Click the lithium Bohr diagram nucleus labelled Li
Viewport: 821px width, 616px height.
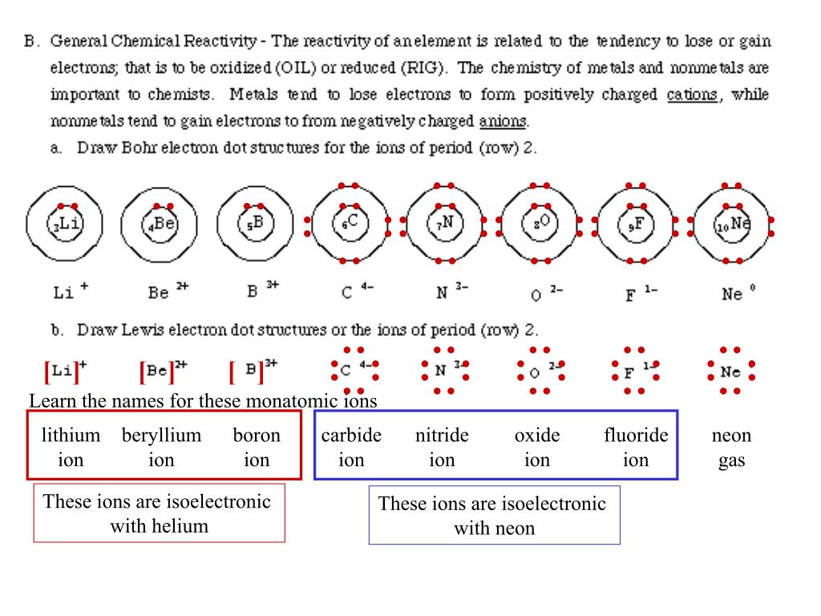tap(65, 224)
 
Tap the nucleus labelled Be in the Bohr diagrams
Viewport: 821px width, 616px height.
tap(160, 225)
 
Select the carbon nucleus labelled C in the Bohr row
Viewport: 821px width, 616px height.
tap(350, 223)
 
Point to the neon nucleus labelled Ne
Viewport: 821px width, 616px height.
tap(731, 224)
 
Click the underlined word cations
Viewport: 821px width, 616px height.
tap(692, 95)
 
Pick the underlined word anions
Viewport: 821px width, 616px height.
tap(502, 121)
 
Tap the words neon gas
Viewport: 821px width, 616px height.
tap(731, 448)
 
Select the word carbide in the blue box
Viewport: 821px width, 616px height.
tap(351, 436)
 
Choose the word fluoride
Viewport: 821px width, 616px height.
tap(636, 436)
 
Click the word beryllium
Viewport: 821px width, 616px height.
tap(161, 436)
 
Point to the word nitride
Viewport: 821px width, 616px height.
tap(442, 436)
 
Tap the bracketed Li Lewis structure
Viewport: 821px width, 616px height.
tap(66, 371)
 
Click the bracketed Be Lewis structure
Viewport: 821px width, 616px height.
tap(163, 371)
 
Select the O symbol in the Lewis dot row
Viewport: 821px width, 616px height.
tap(534, 373)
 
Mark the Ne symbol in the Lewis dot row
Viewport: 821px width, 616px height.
tap(730, 372)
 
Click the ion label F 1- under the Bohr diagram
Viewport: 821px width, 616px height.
tap(641, 294)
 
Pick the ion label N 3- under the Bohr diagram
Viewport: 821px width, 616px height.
tap(452, 290)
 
